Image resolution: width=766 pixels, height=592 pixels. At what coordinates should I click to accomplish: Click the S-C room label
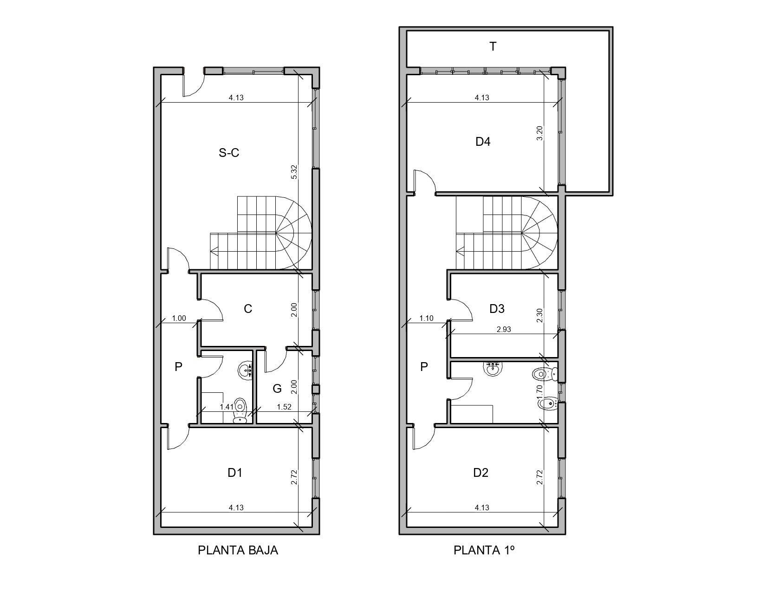click(x=229, y=153)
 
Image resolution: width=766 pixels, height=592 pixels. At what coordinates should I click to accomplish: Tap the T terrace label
click(x=493, y=46)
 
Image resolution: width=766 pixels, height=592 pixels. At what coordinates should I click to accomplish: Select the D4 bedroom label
click(x=483, y=142)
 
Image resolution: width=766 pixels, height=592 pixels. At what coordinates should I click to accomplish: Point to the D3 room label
click(x=497, y=309)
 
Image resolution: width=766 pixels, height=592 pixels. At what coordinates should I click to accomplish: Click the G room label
click(x=277, y=389)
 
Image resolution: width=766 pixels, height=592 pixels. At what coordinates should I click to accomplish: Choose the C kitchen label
click(x=248, y=309)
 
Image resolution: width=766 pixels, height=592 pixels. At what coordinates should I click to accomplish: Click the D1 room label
click(x=235, y=473)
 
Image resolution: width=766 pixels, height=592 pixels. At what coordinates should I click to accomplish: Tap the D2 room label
click(x=480, y=473)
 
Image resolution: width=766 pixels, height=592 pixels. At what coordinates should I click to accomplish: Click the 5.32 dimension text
click(x=293, y=172)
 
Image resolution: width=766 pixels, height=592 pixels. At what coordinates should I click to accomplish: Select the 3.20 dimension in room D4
click(x=539, y=133)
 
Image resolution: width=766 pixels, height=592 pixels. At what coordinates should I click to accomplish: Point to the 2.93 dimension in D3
click(x=504, y=329)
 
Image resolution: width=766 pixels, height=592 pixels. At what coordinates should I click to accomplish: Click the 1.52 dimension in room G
click(x=284, y=407)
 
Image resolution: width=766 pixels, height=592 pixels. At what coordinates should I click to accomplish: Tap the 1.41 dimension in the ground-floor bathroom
click(x=227, y=407)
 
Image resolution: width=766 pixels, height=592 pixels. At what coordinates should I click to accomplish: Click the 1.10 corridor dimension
click(x=426, y=318)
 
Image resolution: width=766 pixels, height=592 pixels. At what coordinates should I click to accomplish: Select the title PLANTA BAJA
click(x=238, y=550)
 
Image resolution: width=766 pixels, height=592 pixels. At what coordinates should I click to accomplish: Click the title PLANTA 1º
click(x=484, y=550)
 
